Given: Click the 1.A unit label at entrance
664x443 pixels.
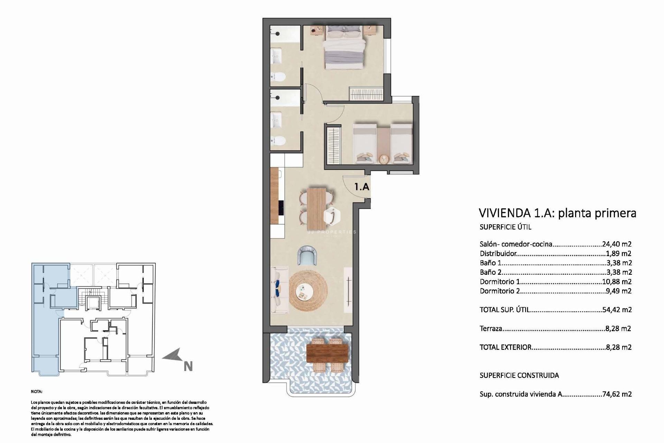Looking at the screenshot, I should click(x=362, y=187).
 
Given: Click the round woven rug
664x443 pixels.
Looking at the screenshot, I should click(x=308, y=291).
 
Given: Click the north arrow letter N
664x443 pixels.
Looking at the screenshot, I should click(x=188, y=367).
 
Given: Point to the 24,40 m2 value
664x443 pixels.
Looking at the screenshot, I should click(x=617, y=244).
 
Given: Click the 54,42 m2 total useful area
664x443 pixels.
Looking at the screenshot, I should click(x=617, y=310).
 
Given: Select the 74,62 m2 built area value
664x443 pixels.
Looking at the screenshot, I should click(x=617, y=394).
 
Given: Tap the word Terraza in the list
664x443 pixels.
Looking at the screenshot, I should click(x=491, y=328).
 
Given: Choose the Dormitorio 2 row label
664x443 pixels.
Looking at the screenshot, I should click(x=500, y=291).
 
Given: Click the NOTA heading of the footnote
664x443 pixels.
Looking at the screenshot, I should click(x=36, y=392).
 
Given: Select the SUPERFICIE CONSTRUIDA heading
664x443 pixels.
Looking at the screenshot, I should click(x=519, y=375).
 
